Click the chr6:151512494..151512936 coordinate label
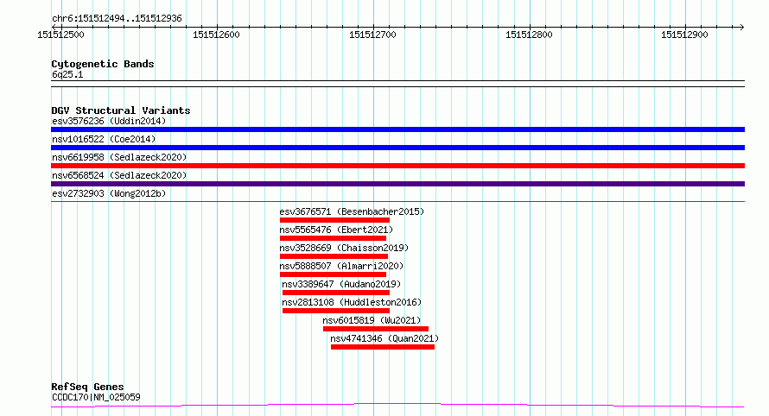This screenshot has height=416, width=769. pyautogui.click(x=116, y=18)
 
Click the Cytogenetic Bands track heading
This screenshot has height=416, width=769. pyautogui.click(x=103, y=64)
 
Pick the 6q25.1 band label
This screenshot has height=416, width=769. pyautogui.click(x=67, y=75)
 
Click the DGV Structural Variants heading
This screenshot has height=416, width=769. pyautogui.click(x=121, y=110)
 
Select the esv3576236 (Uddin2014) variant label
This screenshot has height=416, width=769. pyautogui.click(x=109, y=121)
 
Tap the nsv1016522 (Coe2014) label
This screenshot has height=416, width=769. pyautogui.click(x=104, y=139)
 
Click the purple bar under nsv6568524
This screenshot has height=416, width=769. pyautogui.click(x=397, y=184)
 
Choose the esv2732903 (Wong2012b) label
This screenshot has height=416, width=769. pyautogui.click(x=109, y=193)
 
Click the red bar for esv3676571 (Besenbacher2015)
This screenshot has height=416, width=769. pyautogui.click(x=334, y=220)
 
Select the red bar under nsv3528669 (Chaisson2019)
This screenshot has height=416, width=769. pyautogui.click(x=334, y=256)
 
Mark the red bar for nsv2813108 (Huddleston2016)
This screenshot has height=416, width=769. pyautogui.click(x=334, y=311)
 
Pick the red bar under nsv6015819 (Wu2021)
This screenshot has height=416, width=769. pyautogui.click(x=375, y=329)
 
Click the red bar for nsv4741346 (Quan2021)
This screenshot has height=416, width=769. pyautogui.click(x=382, y=347)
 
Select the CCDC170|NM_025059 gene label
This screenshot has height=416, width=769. pyautogui.click(x=96, y=397)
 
